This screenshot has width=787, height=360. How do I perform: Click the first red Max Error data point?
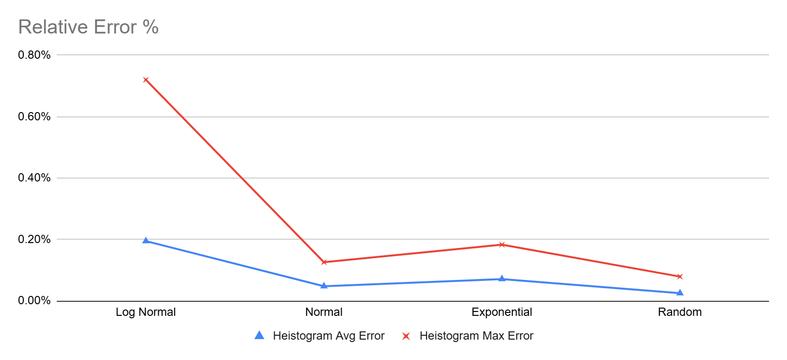(x=146, y=80)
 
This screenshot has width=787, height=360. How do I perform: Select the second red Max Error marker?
(x=324, y=262)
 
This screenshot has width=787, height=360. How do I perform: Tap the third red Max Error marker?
(x=502, y=245)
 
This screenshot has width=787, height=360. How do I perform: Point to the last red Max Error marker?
(x=680, y=277)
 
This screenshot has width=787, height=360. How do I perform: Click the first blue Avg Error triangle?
(x=146, y=240)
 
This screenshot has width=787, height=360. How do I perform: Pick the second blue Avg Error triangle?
(x=324, y=285)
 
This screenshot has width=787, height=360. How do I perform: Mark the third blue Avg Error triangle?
(x=502, y=278)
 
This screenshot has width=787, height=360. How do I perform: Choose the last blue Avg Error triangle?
(x=680, y=292)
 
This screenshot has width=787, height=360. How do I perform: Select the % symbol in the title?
(x=151, y=27)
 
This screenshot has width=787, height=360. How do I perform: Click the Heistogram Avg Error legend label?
(x=328, y=336)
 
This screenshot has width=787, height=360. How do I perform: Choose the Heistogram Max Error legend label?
(x=476, y=336)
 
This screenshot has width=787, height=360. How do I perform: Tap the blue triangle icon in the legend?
(x=260, y=335)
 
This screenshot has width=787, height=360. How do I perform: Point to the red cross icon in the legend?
(x=406, y=336)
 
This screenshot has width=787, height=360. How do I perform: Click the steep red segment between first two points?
(x=235, y=171)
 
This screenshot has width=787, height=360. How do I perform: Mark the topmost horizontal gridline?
(x=412, y=55)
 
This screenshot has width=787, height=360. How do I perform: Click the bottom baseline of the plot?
(x=412, y=301)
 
